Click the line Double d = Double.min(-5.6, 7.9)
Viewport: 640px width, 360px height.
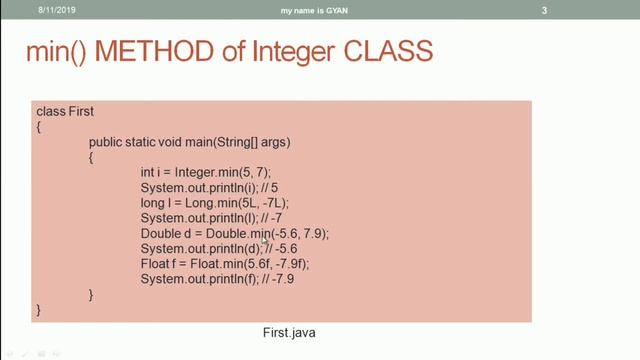pyautogui.click(x=234, y=233)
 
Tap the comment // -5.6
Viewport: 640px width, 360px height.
pyautogui.click(x=282, y=248)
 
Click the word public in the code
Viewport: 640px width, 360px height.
pyautogui.click(x=106, y=142)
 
